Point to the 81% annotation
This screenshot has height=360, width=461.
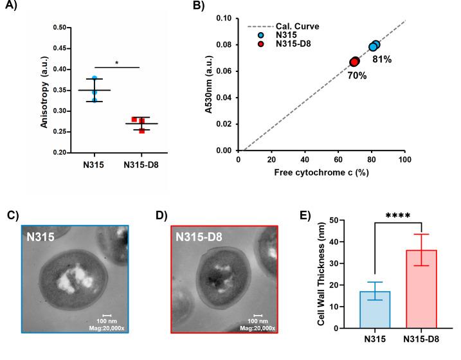381,60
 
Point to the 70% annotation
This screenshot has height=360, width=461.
357,75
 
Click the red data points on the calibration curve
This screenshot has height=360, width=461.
354,62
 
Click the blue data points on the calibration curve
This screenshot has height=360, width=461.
374,46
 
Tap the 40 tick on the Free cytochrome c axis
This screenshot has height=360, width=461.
305,159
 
